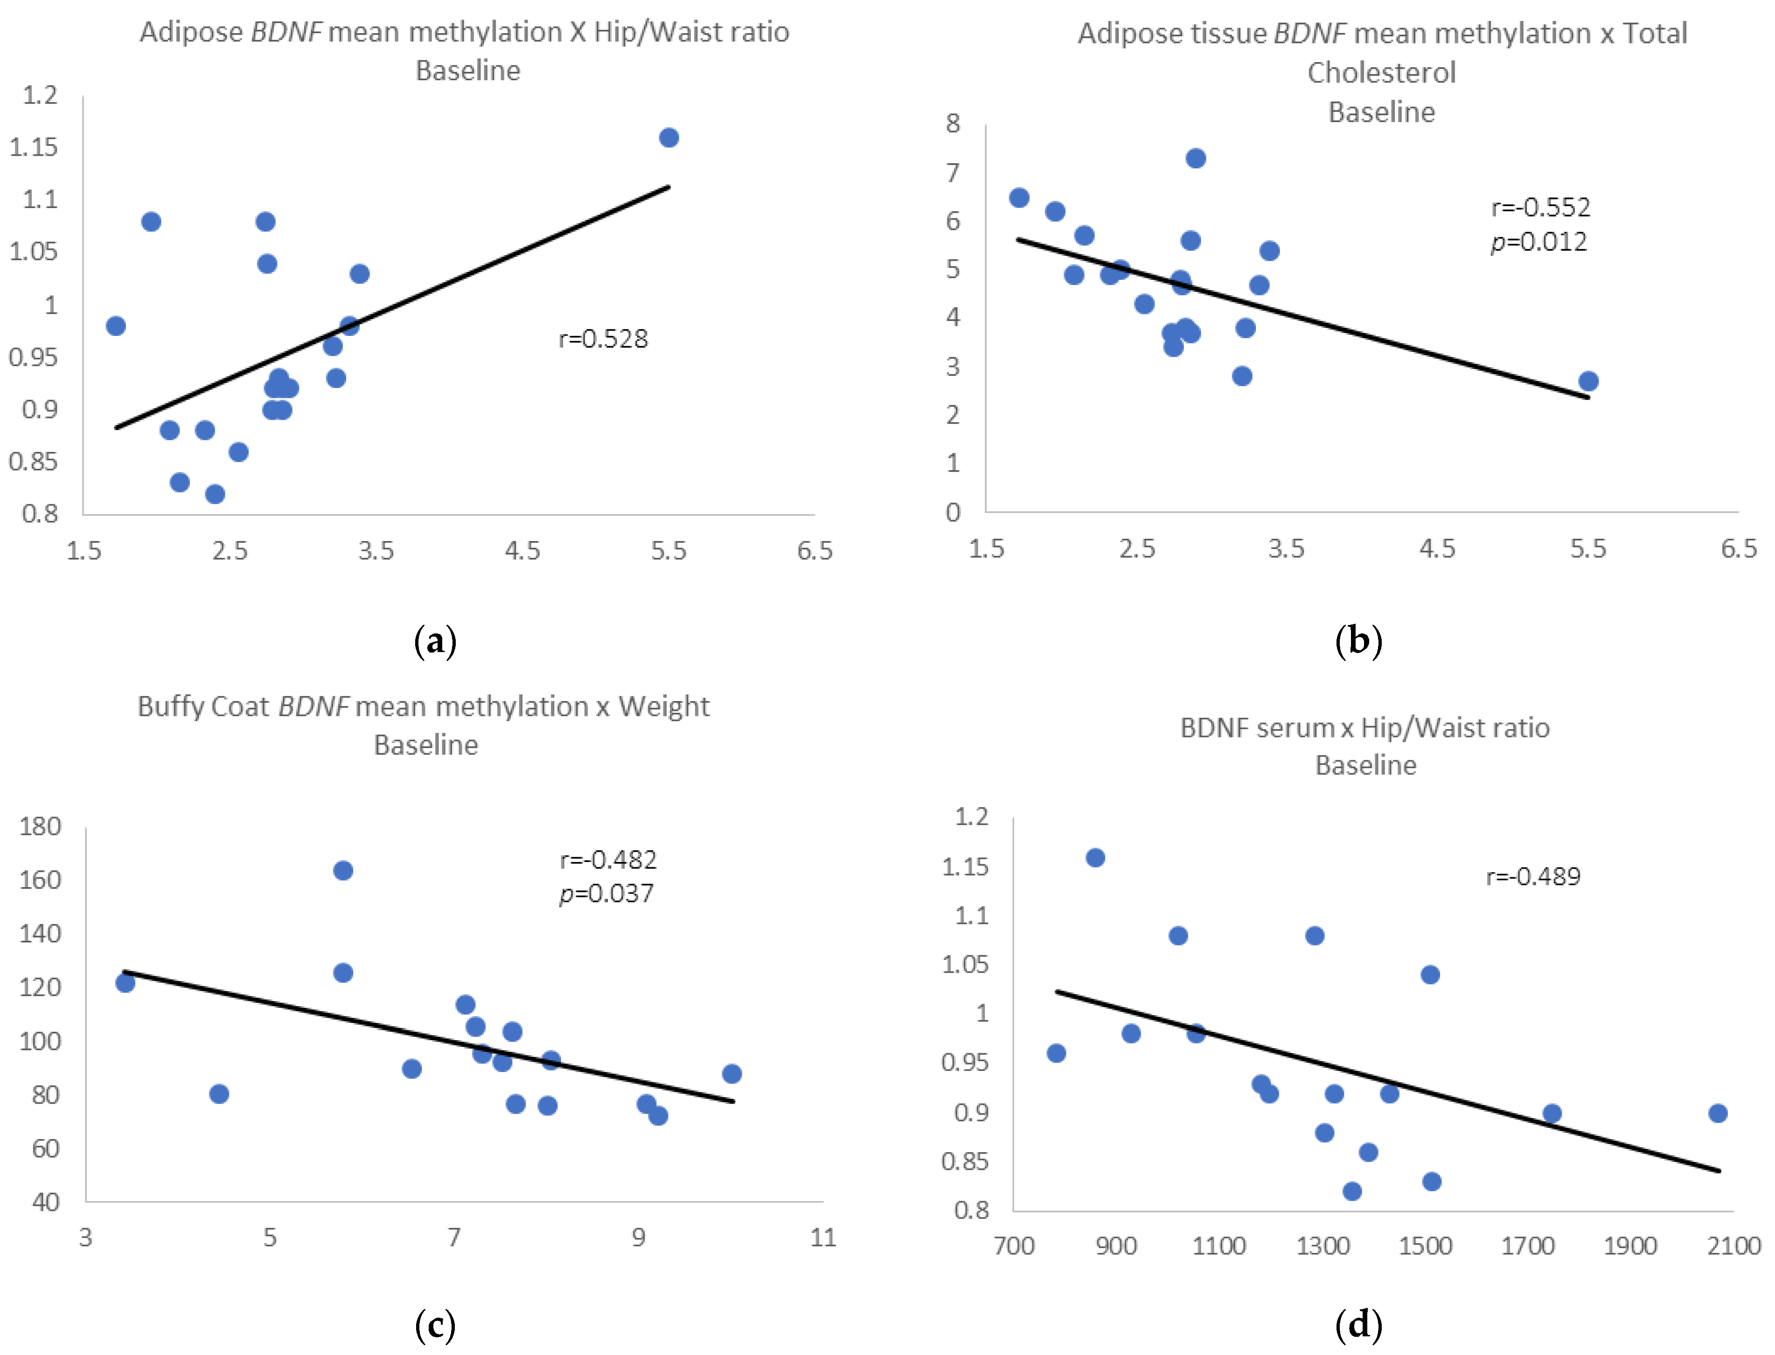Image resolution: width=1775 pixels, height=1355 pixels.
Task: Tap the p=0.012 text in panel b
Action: point(1538,242)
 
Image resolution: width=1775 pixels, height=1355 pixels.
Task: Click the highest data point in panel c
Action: point(343,870)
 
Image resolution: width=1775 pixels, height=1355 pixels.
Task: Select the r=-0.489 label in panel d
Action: point(1532,877)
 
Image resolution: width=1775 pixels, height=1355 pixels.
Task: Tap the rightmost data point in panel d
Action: point(1717,1113)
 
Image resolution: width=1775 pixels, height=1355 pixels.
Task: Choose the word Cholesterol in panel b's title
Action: point(1381,73)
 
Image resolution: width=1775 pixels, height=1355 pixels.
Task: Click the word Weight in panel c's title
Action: point(664,707)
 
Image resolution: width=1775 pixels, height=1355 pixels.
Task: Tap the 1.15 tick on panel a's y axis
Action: point(34,147)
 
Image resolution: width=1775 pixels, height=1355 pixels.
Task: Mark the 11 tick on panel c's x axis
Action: point(822,1238)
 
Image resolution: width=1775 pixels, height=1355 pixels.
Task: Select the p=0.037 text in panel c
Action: point(606,894)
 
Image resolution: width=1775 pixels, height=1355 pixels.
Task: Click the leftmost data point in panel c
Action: point(125,982)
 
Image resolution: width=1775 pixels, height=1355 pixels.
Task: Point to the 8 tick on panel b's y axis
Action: point(953,124)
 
